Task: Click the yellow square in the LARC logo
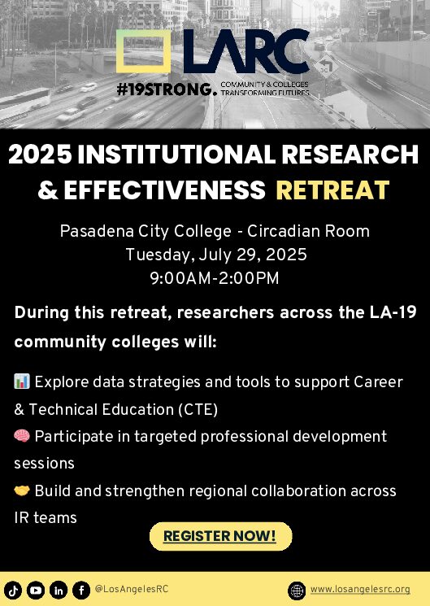tap(117, 51)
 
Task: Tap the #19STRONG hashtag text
tap(164, 89)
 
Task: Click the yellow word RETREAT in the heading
tap(332, 190)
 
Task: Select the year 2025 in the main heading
tap(40, 155)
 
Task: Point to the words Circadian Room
tap(308, 231)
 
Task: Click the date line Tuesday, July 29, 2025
tap(216, 255)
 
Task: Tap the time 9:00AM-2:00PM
tap(215, 278)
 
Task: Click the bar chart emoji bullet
tap(22, 381)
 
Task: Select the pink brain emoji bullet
tap(22, 436)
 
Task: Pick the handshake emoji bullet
tap(22, 490)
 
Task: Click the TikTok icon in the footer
tap(13, 591)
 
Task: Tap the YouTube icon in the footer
tap(36, 591)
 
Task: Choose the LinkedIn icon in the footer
tap(59, 591)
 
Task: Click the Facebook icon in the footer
tap(81, 591)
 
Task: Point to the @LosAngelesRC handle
tap(132, 589)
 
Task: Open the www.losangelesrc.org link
tap(360, 590)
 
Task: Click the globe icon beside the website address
tap(297, 591)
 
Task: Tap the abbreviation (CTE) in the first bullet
tap(198, 409)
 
